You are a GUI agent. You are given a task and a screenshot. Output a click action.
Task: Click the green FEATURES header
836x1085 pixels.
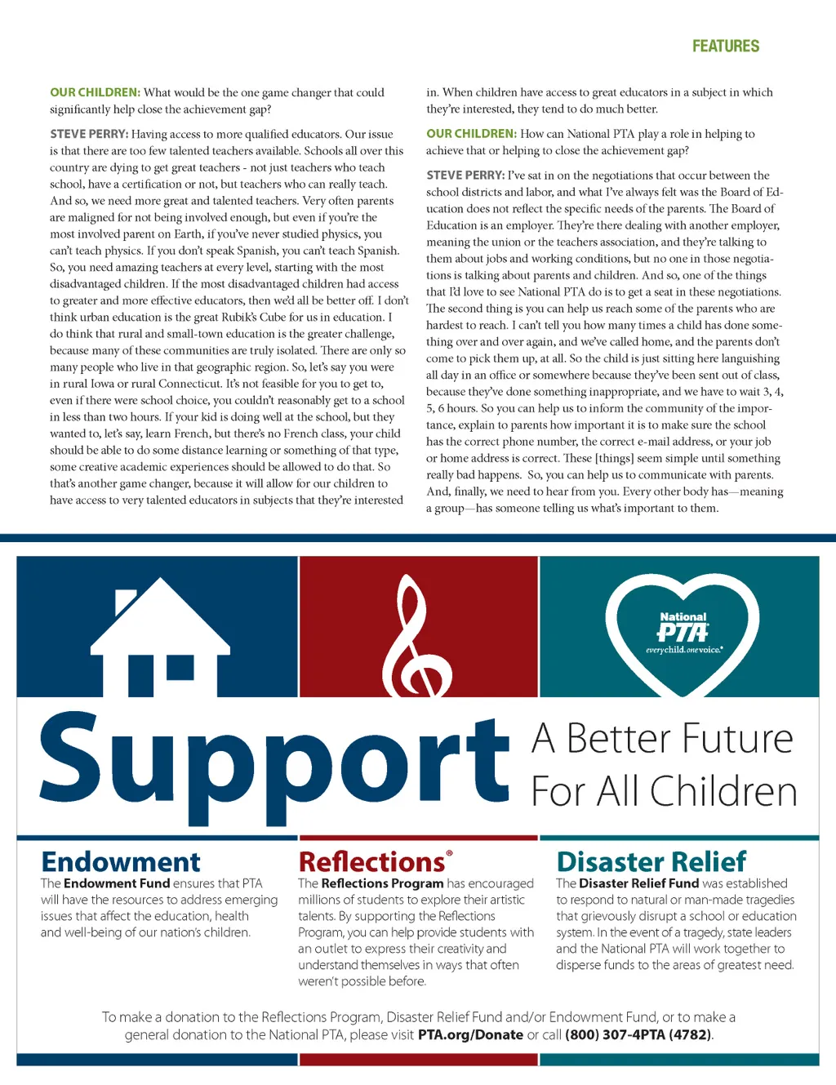coord(725,47)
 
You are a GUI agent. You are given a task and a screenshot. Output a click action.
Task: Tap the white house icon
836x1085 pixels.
coord(161,645)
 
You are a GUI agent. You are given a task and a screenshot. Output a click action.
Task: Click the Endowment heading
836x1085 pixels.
coord(121,862)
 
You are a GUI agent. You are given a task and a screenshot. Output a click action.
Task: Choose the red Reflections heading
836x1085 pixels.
coord(373,862)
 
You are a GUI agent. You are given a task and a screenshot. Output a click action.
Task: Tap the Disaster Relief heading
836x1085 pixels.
coord(651,862)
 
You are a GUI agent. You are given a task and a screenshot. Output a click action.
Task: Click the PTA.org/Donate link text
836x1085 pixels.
coord(470,1035)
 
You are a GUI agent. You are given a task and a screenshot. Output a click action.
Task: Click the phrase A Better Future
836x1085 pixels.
coord(662,739)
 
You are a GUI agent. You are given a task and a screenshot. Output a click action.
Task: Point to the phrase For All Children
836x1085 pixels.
coord(664,792)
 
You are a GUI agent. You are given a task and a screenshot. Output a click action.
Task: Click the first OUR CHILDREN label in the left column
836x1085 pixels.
coord(95,93)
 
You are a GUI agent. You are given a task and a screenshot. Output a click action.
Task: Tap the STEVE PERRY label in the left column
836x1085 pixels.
coord(89,135)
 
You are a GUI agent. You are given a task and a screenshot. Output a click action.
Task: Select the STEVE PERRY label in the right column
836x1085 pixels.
coord(465,176)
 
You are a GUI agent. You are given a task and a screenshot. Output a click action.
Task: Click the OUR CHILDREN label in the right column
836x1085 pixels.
coord(471,134)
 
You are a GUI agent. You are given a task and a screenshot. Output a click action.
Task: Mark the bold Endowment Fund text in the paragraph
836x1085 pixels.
coord(117,883)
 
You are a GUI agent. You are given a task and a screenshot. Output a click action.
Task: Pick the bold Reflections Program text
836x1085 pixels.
coord(382,883)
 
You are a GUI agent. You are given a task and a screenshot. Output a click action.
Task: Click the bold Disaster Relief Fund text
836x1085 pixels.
coord(638,883)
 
